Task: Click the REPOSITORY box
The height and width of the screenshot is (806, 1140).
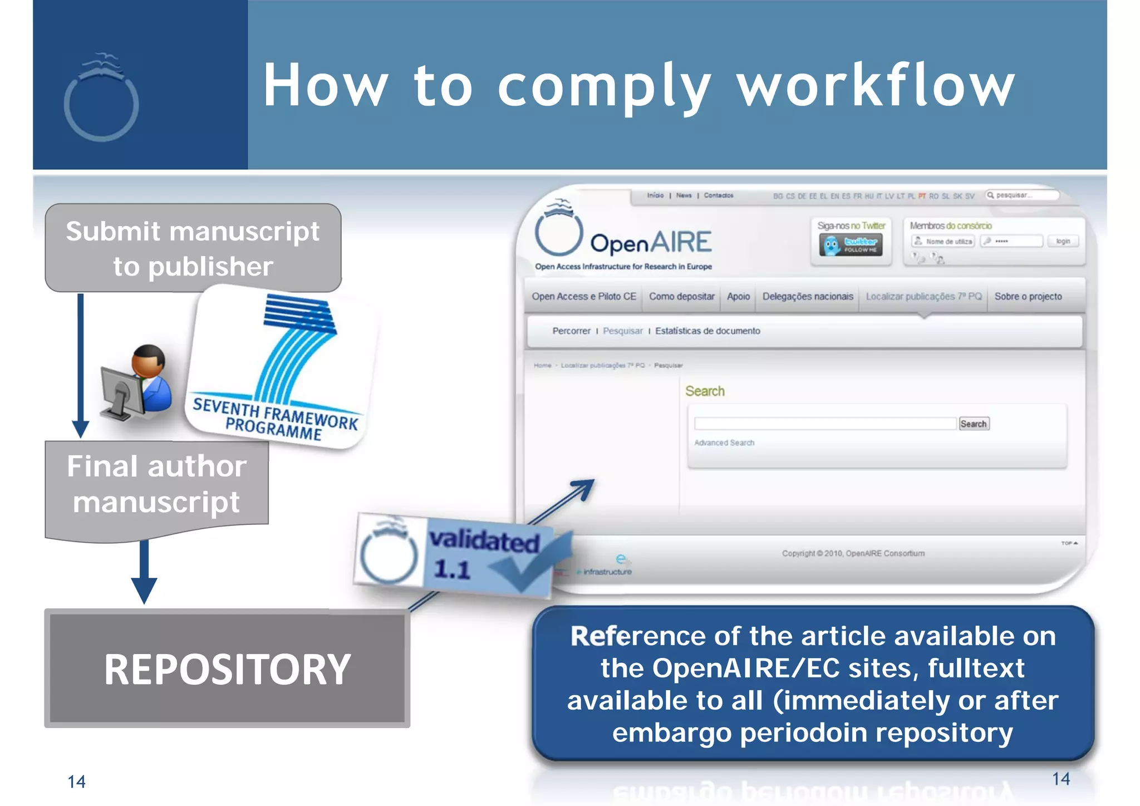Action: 227,668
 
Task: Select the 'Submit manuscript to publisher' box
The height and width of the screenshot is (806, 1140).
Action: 193,248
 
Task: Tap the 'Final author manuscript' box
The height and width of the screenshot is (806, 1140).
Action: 156,484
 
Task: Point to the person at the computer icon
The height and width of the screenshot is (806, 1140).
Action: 136,384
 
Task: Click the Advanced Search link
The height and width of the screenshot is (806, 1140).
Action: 724,443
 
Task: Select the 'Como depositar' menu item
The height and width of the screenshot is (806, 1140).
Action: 681,297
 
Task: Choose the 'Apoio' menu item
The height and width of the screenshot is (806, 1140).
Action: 738,297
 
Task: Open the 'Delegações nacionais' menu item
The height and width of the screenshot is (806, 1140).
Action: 808,297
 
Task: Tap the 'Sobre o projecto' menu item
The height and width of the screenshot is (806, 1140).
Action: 1028,297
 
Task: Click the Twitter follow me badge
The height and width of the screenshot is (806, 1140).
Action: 851,245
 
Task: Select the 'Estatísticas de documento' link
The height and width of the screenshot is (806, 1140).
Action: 707,331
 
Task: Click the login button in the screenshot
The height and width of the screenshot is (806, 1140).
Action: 1063,242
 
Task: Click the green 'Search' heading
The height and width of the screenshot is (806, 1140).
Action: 705,391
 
